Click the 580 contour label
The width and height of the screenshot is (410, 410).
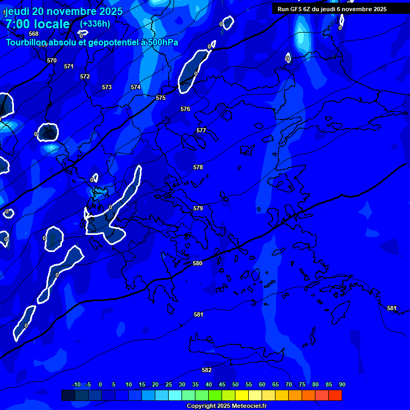198,263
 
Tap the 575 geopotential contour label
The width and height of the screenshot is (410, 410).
161,98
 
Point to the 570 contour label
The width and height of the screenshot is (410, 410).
51,60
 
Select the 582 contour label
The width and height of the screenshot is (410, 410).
207,370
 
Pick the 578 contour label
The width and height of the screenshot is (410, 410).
198,167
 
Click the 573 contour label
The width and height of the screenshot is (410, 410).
107,87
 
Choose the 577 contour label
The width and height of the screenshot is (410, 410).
201,130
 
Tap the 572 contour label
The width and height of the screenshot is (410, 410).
85,76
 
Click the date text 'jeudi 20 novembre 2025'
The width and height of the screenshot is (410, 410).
64,11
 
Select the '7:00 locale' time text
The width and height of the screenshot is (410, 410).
37,24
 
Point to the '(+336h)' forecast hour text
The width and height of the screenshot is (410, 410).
95,23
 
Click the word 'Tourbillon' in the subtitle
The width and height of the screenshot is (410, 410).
26,42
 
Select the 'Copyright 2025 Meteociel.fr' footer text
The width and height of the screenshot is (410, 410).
226,406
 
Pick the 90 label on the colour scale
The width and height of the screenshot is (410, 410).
342,384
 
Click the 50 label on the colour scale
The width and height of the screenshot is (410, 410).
235,384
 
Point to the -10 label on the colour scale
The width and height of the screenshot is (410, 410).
76,384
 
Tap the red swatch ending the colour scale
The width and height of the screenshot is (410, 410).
335,395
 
